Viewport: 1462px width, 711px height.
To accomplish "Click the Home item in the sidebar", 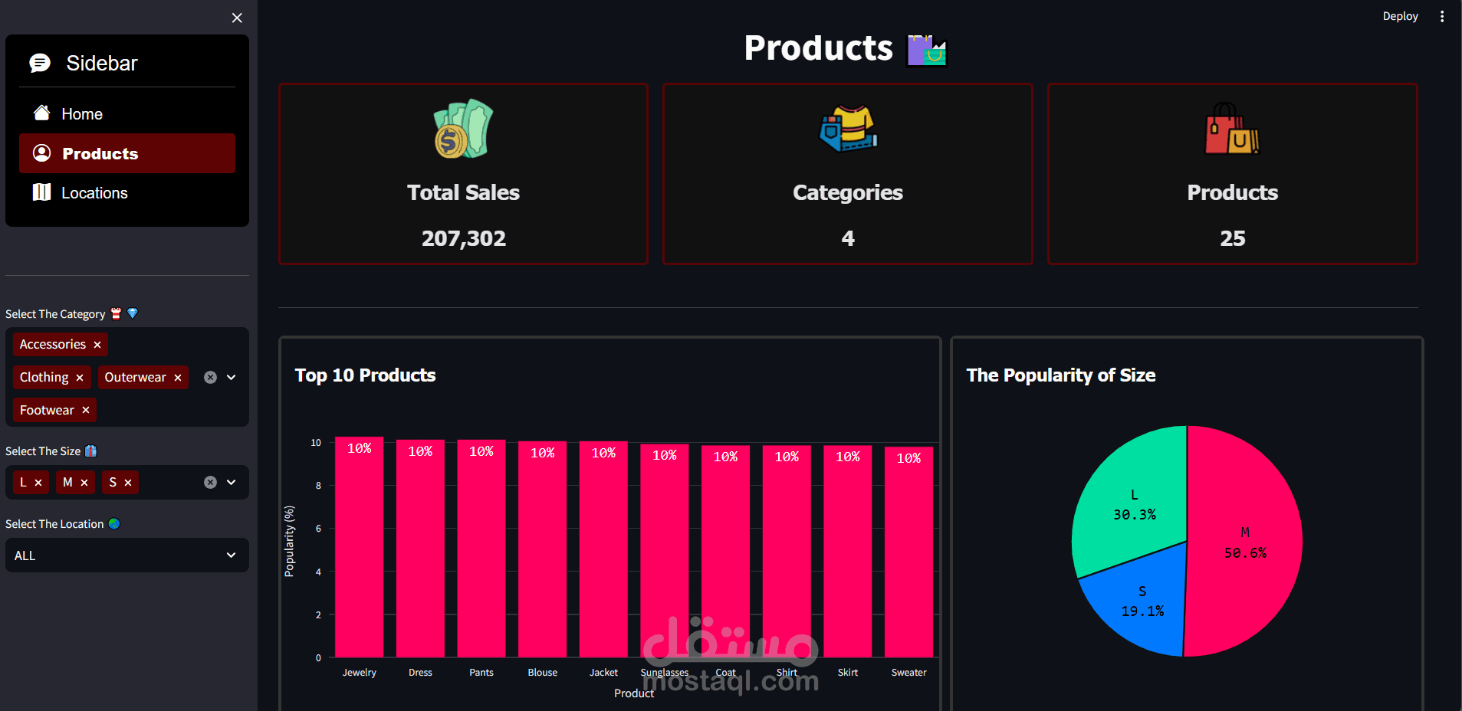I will pyautogui.click(x=81, y=114).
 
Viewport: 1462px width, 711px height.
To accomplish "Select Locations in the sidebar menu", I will pyautogui.click(x=94, y=193).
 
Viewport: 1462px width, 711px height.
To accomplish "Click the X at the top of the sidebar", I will pyautogui.click(x=237, y=18).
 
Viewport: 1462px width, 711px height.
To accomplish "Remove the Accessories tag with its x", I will pyautogui.click(x=97, y=345).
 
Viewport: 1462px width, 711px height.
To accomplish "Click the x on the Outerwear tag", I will pyautogui.click(x=178, y=378).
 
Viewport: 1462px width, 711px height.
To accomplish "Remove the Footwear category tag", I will pyautogui.click(x=86, y=411).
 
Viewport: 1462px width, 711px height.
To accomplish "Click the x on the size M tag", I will pyautogui.click(x=84, y=483).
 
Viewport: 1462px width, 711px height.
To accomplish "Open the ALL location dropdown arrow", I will pyautogui.click(x=231, y=555).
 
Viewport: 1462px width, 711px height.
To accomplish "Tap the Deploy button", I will pyautogui.click(x=1400, y=16).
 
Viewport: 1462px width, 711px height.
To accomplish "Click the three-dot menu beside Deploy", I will pyautogui.click(x=1442, y=16).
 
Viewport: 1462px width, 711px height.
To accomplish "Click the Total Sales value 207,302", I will pyautogui.click(x=463, y=238).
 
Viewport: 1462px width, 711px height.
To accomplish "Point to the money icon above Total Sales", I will pyautogui.click(x=463, y=129).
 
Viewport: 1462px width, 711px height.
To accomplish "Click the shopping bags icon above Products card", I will pyautogui.click(x=1232, y=129).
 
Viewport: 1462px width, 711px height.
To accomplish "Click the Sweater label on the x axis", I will pyautogui.click(x=908, y=673).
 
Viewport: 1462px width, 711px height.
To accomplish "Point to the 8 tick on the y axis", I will pyautogui.click(x=318, y=486).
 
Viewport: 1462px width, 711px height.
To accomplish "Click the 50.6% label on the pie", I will pyautogui.click(x=1245, y=553).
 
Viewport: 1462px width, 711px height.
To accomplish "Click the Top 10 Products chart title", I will pyautogui.click(x=365, y=375).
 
